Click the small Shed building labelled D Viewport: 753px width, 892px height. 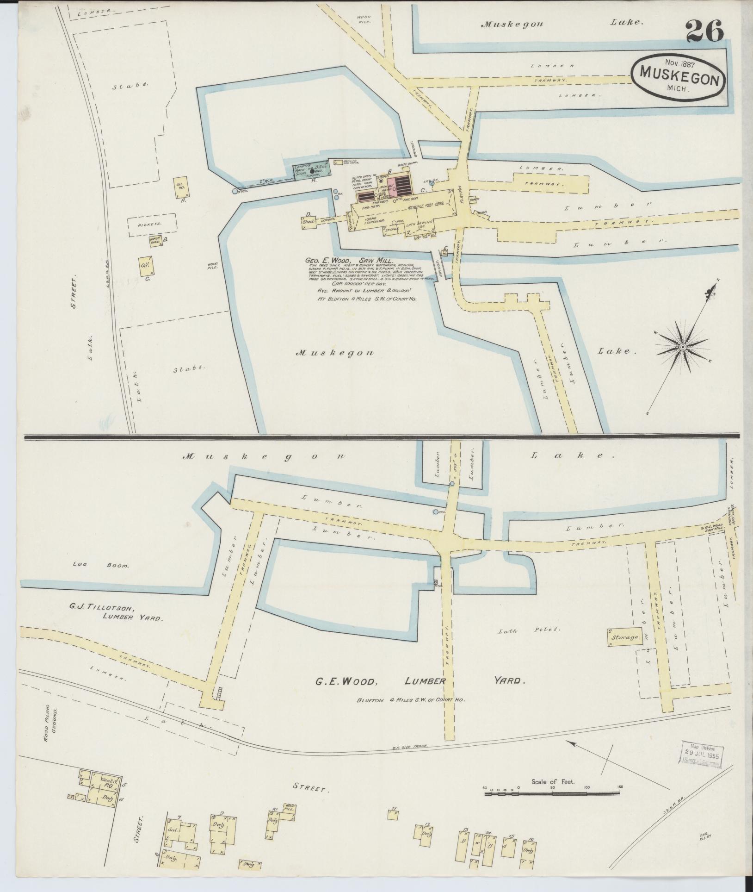pos(308,222)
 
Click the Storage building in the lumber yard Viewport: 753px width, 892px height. pos(624,637)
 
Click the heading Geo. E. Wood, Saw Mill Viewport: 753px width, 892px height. pos(349,261)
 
